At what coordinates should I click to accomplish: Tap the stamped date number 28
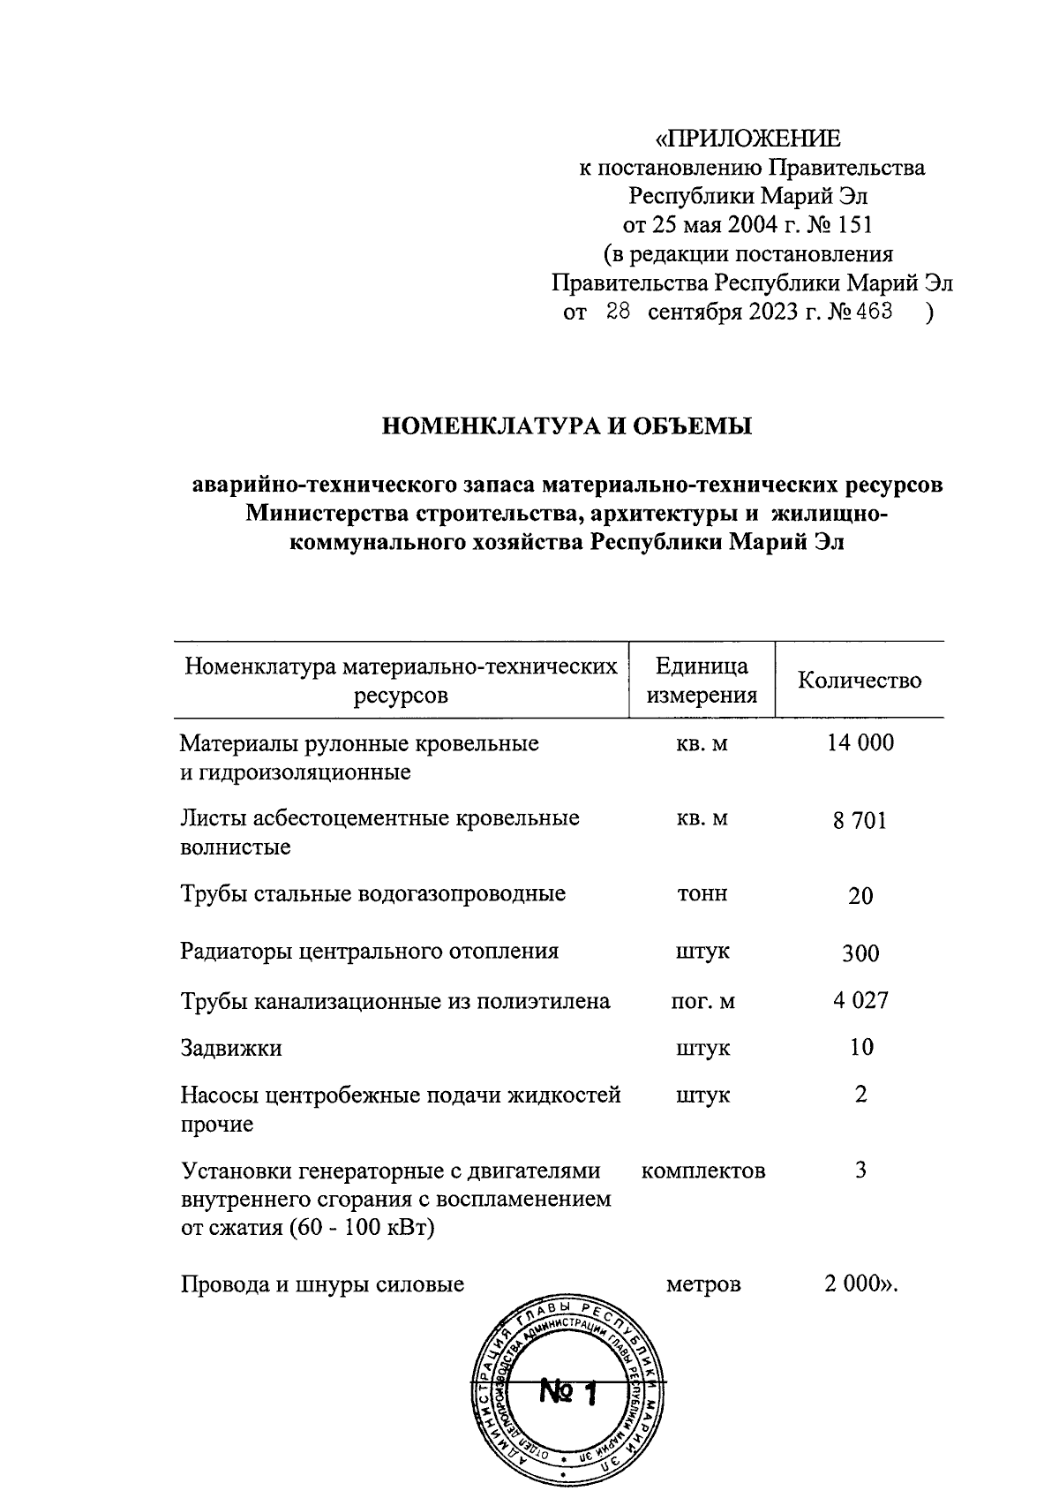tap(617, 311)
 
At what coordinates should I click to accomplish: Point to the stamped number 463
tap(875, 311)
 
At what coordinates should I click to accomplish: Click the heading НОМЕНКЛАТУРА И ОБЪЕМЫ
tap(567, 426)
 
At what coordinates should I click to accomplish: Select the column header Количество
tap(860, 680)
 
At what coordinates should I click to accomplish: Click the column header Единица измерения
tap(702, 680)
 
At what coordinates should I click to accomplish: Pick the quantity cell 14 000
tap(860, 742)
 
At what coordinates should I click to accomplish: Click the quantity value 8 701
tap(860, 821)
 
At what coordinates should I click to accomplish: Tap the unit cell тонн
tap(702, 893)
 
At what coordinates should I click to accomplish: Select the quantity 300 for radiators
tap(860, 953)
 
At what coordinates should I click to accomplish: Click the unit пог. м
tap(702, 1001)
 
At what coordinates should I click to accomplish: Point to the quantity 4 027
tap(860, 1000)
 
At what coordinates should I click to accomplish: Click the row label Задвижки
tap(231, 1048)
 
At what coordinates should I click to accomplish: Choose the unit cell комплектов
tap(703, 1171)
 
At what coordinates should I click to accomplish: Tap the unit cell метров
tap(703, 1283)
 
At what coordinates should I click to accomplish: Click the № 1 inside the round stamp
tap(567, 1394)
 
